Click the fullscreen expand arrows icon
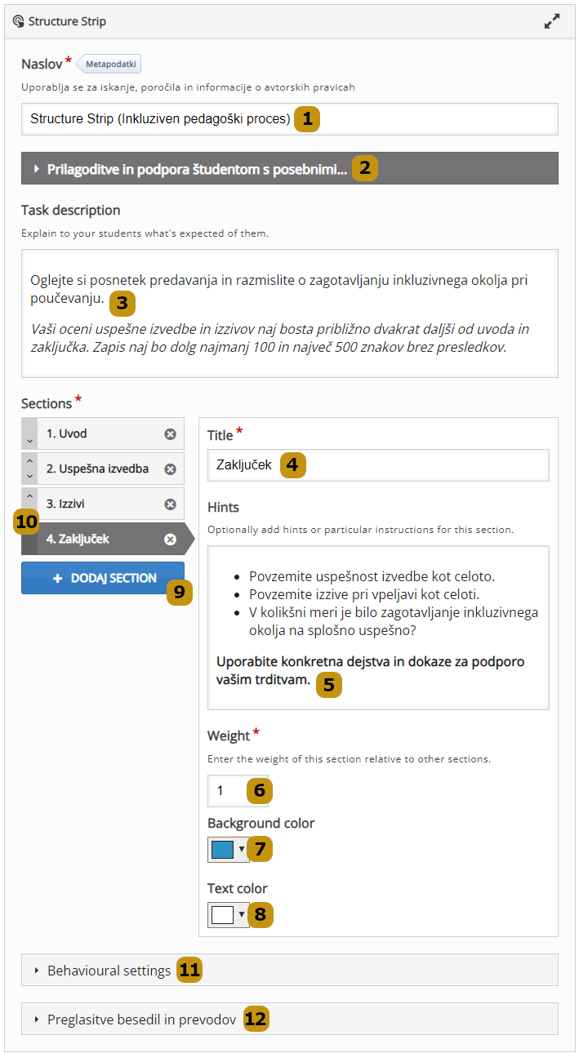(552, 22)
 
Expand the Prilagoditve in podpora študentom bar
(196, 169)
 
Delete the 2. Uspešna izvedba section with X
(170, 469)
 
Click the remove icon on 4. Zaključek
(170, 540)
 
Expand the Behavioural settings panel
(109, 971)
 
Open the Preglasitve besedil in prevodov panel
(141, 1020)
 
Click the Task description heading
(71, 211)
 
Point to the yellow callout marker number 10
(27, 522)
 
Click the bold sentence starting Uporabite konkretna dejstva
(370, 662)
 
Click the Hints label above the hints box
(223, 508)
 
